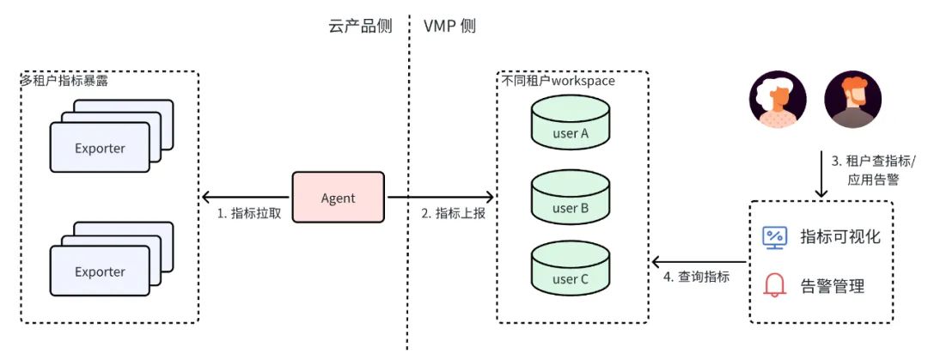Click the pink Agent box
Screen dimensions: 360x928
[x=338, y=198]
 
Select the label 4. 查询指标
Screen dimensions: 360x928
[x=698, y=277]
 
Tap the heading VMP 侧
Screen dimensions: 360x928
[x=449, y=26]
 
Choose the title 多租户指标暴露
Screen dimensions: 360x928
[x=64, y=81]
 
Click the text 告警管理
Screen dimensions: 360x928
[x=832, y=285]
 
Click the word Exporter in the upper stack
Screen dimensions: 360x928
[x=100, y=149]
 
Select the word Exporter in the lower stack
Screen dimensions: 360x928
[x=100, y=272]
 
